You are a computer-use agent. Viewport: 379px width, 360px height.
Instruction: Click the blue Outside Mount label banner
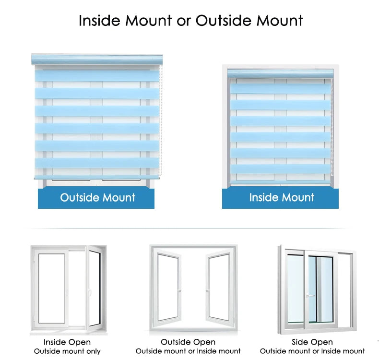pos(96,198)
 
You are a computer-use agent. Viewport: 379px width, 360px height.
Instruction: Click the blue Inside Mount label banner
pos(280,198)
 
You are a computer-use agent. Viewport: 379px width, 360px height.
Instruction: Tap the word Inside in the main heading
pos(99,21)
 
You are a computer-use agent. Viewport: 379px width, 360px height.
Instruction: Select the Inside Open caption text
pos(67,342)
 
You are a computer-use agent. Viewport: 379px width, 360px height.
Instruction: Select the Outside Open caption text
pos(188,342)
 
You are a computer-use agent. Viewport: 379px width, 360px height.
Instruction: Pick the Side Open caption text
pos(312,342)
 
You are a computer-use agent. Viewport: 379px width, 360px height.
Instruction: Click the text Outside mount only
pos(67,351)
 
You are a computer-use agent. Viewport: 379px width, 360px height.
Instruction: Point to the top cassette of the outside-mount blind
pos(97,60)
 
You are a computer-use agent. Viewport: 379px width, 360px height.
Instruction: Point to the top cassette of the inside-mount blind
pos(280,73)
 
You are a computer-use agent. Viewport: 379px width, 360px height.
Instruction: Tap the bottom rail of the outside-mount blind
pos(97,177)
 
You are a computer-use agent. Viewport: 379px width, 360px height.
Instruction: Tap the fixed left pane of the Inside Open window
pos(52,288)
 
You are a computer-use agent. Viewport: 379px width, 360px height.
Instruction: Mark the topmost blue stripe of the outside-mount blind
pos(97,75)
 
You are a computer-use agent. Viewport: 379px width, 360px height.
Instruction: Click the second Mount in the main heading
pos(279,21)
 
